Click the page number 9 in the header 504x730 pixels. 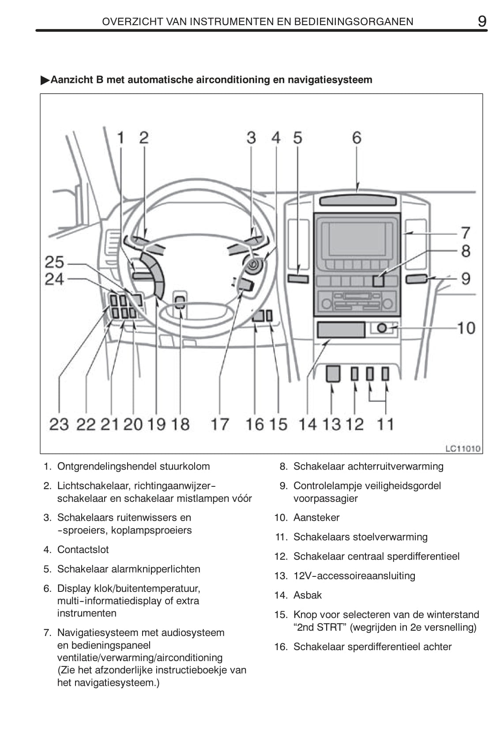[x=482, y=21]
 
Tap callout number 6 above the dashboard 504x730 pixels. [x=356, y=138]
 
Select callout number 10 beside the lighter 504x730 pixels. [x=466, y=328]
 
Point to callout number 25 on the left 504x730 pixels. [x=55, y=263]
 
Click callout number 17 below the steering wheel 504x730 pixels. [x=219, y=424]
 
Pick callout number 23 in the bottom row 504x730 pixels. [x=59, y=424]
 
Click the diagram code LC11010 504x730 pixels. [x=463, y=449]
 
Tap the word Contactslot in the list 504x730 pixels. [x=83, y=549]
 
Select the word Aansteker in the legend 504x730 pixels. [x=316, y=517]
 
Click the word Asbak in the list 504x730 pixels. [x=308, y=595]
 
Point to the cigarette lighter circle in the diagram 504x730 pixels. [x=382, y=328]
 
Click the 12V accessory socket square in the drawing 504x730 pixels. [x=333, y=374]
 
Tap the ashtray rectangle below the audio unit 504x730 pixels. [x=341, y=330]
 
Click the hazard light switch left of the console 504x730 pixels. [x=299, y=278]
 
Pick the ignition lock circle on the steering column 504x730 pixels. [x=254, y=266]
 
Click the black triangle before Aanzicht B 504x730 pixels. [x=45, y=80]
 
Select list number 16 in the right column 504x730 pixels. [x=280, y=647]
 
